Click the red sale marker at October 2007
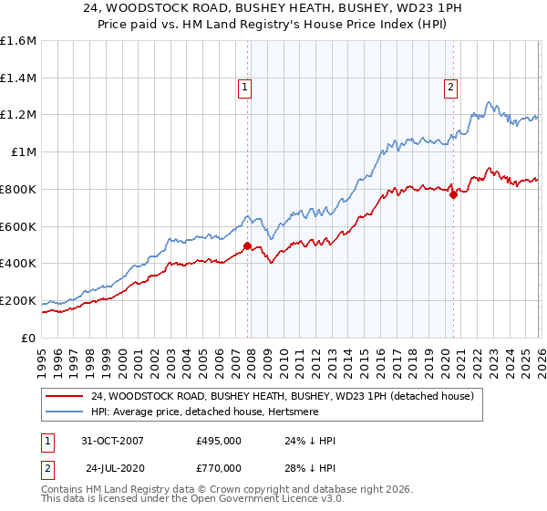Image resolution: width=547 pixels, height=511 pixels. pyautogui.click(x=247, y=245)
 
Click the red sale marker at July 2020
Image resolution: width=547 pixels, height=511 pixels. pyautogui.click(x=453, y=193)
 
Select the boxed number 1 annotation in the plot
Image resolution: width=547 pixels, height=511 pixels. pyautogui.click(x=246, y=88)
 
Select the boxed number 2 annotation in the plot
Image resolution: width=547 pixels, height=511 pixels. pyautogui.click(x=451, y=88)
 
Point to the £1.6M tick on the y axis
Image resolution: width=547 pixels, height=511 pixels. pyautogui.click(x=18, y=41)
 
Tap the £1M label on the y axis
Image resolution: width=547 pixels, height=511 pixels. pyautogui.click(x=24, y=152)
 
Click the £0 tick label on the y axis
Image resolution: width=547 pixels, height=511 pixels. pyautogui.click(x=29, y=338)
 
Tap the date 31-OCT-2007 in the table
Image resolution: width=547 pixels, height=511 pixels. pyautogui.click(x=112, y=442)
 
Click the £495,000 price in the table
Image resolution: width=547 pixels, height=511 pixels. pyautogui.click(x=218, y=442)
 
